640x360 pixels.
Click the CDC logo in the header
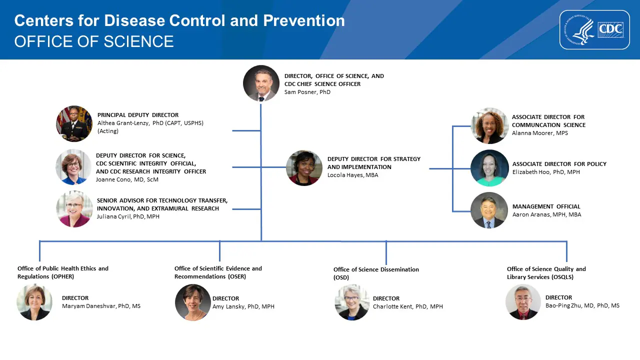(594, 30)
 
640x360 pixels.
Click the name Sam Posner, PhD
(307, 92)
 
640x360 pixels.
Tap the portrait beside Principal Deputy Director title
(74, 123)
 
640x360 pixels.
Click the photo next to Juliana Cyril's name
(74, 209)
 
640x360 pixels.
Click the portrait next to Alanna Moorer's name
(489, 125)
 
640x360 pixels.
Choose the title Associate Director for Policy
(559, 164)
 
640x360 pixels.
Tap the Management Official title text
(546, 206)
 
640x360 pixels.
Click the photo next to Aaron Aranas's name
(489, 210)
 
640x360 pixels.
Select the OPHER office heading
(62, 272)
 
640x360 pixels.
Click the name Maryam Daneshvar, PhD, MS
(101, 306)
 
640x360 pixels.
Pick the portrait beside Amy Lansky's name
(192, 302)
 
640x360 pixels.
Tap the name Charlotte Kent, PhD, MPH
(407, 306)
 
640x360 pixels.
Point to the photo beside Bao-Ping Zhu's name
(523, 302)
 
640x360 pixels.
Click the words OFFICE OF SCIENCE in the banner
(94, 41)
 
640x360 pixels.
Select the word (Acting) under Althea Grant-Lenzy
(108, 131)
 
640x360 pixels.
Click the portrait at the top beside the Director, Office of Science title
(261, 83)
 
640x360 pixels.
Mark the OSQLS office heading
(546, 272)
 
